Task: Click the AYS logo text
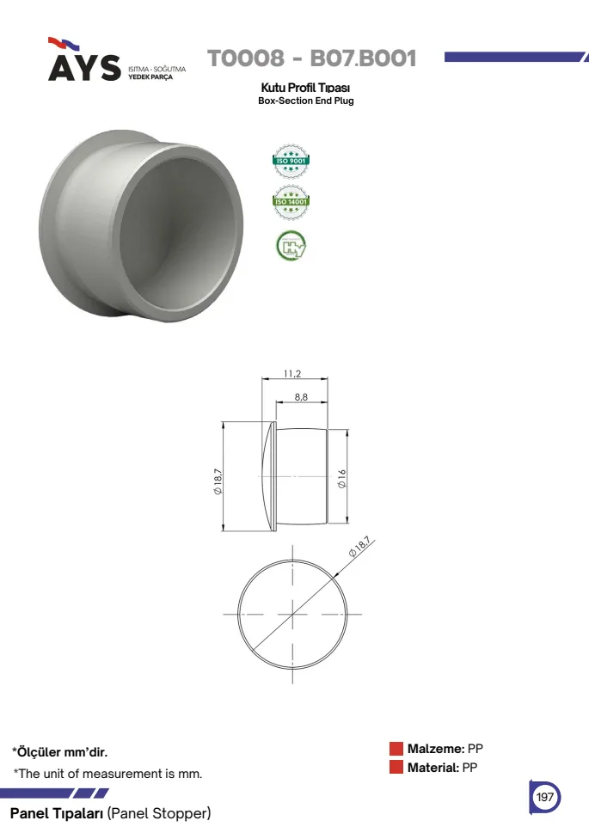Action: click(84, 67)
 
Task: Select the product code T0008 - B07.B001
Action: click(311, 58)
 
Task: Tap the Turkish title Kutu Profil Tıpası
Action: click(305, 88)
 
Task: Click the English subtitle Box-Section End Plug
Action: click(305, 101)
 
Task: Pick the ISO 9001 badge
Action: click(291, 161)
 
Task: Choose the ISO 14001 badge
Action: click(291, 201)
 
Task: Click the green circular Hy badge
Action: click(291, 246)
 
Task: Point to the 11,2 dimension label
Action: click(292, 374)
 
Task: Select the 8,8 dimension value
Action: click(301, 397)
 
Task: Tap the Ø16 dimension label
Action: click(342, 479)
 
